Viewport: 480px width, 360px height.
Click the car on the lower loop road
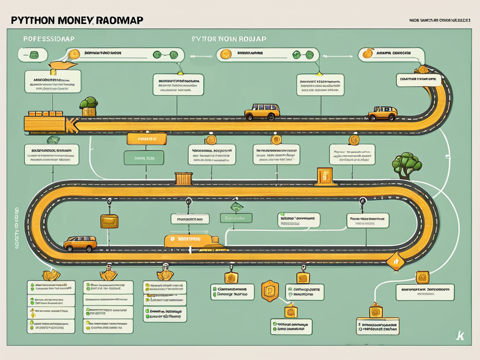click(80, 243)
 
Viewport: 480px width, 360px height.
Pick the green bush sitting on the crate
click(88, 104)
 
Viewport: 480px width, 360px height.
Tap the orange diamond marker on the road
click(395, 262)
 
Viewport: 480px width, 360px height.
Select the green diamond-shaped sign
click(234, 207)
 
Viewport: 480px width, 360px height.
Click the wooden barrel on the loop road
click(183, 179)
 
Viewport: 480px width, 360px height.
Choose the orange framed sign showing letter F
click(324, 176)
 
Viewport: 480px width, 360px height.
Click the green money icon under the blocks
click(53, 139)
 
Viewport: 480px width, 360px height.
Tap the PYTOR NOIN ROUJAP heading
click(229, 39)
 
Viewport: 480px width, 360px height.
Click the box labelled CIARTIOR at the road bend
click(419, 80)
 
